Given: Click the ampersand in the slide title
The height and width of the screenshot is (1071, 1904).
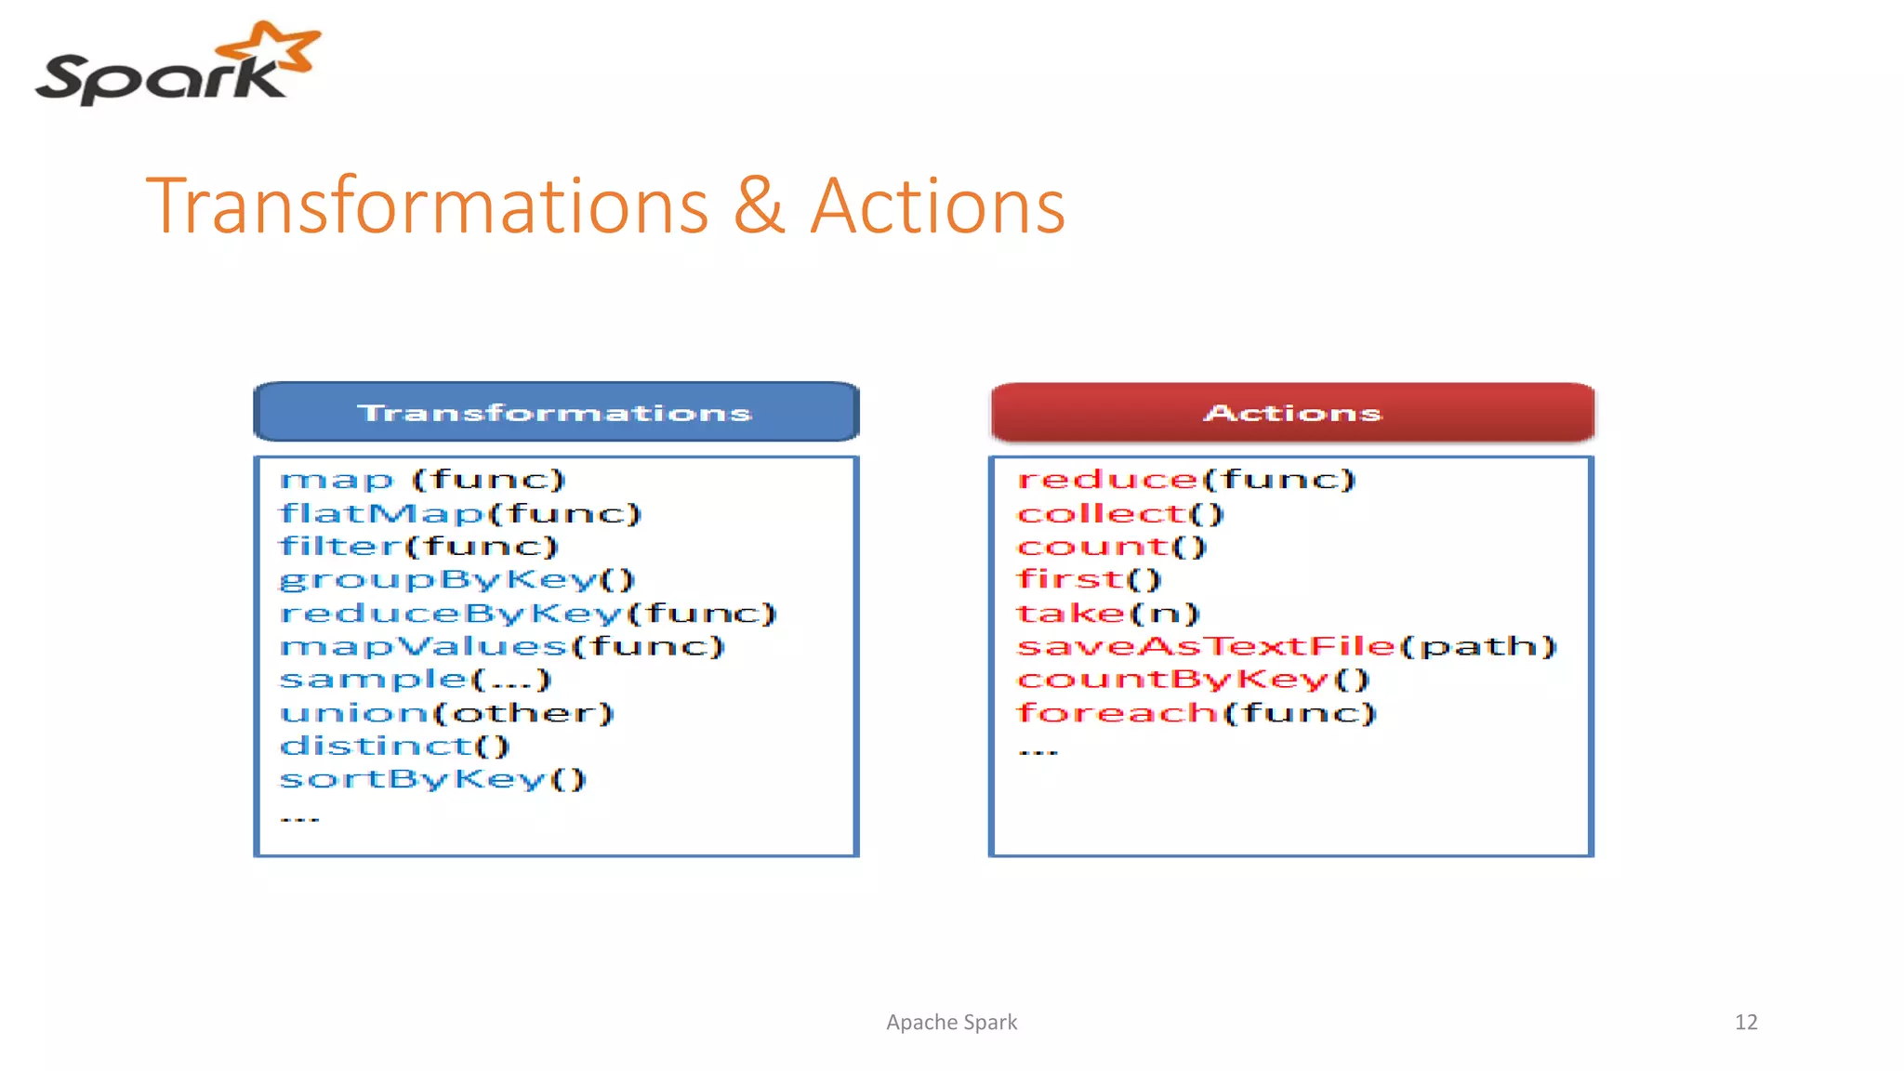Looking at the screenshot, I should pyautogui.click(x=759, y=206).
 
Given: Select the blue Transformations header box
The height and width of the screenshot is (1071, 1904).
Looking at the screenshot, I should pyautogui.click(x=556, y=412).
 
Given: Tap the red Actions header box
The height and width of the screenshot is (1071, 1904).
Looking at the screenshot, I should pyautogui.click(x=1292, y=412).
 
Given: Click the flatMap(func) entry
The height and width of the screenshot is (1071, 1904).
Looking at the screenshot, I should pyautogui.click(x=460, y=513).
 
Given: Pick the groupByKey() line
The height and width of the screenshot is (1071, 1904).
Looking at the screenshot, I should pyautogui.click(x=456, y=580).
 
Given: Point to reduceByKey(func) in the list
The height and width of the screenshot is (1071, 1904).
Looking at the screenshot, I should pyautogui.click(x=527, y=614).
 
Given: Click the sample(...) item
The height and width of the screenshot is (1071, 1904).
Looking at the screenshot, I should pyautogui.click(x=416, y=680).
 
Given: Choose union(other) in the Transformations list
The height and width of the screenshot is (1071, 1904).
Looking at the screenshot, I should pyautogui.click(x=447, y=713).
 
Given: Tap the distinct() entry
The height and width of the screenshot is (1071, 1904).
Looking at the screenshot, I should pyautogui.click(x=395, y=746).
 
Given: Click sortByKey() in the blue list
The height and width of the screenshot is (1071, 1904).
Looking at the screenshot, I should pyautogui.click(x=433, y=779).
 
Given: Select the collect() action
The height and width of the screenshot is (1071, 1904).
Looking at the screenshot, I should pyautogui.click(x=1120, y=513).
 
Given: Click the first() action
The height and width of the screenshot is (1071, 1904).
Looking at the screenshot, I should pyautogui.click(x=1089, y=580).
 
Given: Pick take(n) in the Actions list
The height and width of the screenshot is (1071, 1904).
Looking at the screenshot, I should pyautogui.click(x=1108, y=614).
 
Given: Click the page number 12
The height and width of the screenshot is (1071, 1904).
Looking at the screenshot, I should pyautogui.click(x=1745, y=1023).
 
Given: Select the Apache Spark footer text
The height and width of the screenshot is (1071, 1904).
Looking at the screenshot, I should pyautogui.click(x=951, y=1023).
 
